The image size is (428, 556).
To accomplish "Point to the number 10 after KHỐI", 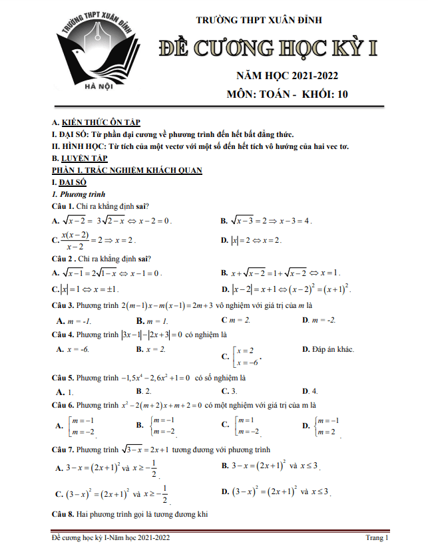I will [x=342, y=94].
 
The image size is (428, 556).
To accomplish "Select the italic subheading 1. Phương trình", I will [x=79, y=194].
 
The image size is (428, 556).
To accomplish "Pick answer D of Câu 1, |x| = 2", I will [x=255, y=239].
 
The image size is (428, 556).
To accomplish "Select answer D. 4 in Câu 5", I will [x=310, y=391].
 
